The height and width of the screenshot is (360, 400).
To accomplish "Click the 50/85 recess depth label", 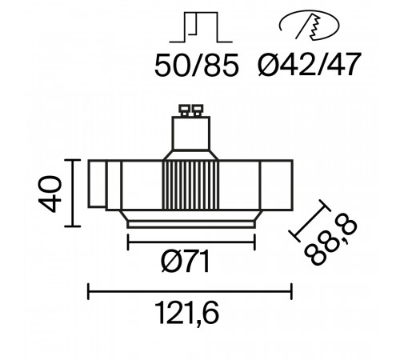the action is [197, 66].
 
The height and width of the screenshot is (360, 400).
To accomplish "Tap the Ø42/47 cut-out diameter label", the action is [310, 64].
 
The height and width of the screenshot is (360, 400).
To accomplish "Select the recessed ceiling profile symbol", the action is [201, 27].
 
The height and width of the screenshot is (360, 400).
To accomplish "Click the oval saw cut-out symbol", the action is [310, 26].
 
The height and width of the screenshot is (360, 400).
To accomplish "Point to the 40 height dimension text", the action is [50, 194].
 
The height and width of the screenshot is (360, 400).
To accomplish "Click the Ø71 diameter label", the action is [186, 262].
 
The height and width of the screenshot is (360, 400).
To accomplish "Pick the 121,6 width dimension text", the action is [186, 313].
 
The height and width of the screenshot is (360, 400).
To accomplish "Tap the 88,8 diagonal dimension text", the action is [330, 242].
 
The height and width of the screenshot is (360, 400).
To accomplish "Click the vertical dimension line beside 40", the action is [73, 193].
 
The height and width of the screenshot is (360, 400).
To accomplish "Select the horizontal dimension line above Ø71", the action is [191, 242].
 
